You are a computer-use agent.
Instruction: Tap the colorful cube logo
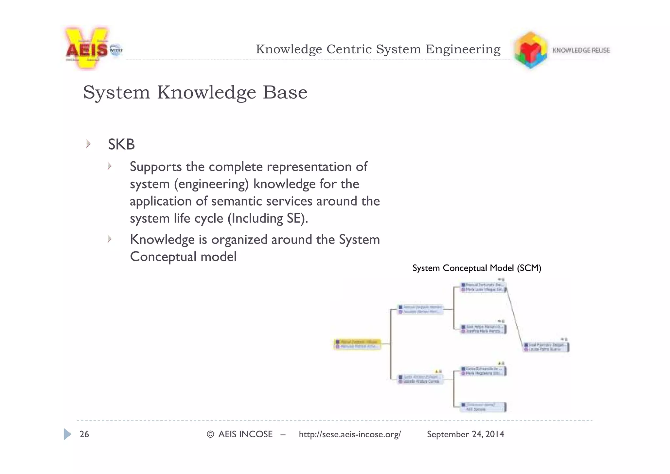pos(530,50)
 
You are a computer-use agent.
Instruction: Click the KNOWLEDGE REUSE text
pos(581,50)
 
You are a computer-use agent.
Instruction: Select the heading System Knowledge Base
pos(195,92)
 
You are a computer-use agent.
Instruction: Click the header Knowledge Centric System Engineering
pos(378,49)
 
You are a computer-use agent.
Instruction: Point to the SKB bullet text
pos(121,144)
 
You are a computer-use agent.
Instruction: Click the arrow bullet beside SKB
pos(88,144)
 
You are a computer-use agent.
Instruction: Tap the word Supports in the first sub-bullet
pos(155,167)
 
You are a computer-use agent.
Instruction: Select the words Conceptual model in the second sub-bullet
pos(183,257)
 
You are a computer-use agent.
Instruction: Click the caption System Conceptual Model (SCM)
pos(476,268)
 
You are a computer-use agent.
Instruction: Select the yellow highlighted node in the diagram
pos(357,344)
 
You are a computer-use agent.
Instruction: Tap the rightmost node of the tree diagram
pos(546,347)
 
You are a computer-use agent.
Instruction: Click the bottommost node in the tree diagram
pos(483,407)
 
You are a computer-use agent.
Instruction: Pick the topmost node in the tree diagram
pos(483,287)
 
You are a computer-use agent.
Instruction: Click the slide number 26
pos(84,434)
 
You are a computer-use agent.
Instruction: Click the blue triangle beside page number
pos(67,434)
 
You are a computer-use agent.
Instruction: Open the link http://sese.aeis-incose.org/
pos(349,434)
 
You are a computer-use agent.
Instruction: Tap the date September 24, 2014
pos(465,434)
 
